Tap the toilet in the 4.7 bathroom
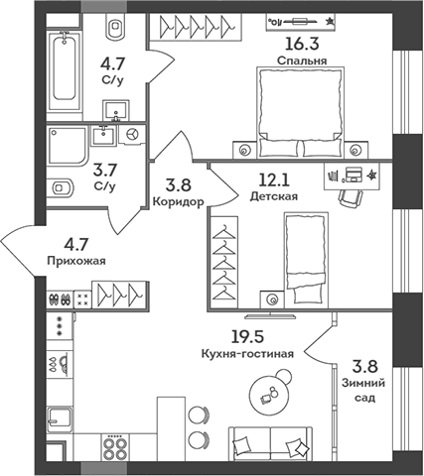pyautogui.click(x=116, y=30)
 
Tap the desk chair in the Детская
pyautogui.click(x=349, y=196)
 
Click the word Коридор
pyautogui.click(x=180, y=201)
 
